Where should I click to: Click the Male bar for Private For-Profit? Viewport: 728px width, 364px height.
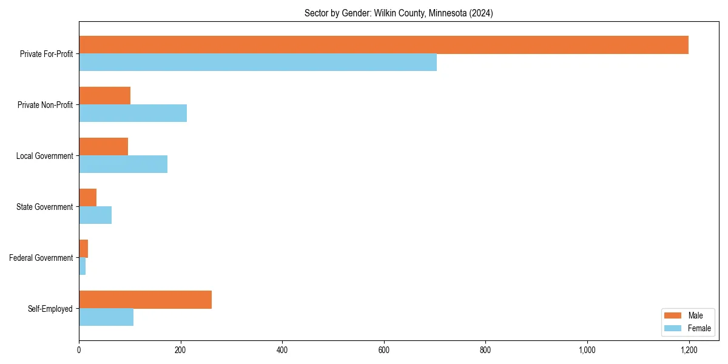point(383,45)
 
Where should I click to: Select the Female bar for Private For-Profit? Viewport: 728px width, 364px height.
point(258,62)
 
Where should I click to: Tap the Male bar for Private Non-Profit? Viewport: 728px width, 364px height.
point(104,96)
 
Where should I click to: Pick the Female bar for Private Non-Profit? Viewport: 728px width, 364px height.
point(133,113)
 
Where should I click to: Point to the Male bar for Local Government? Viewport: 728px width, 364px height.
point(103,147)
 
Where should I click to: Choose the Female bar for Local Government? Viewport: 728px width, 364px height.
point(123,164)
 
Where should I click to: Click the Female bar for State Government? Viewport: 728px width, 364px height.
point(95,215)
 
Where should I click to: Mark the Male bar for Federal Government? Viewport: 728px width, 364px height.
point(83,249)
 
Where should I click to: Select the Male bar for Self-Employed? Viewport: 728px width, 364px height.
point(145,300)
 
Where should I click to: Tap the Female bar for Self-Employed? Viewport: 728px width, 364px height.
point(106,317)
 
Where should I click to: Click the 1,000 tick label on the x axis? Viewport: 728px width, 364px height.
point(587,350)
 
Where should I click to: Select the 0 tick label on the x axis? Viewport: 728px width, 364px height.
point(79,350)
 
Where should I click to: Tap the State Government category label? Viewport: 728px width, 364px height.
point(44,207)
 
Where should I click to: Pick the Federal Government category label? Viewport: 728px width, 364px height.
point(41,258)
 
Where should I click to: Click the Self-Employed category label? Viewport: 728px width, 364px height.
point(50,309)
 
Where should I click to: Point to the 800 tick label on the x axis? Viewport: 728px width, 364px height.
point(485,350)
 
